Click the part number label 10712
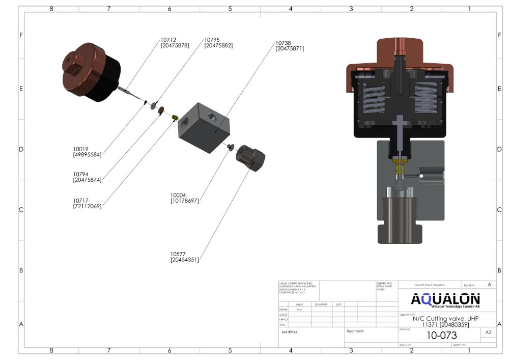point(168,40)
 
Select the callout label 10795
point(212,40)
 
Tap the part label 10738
point(284,43)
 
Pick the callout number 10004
point(179,195)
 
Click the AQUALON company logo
point(445,300)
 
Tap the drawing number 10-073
point(441,336)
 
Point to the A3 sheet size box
point(488,333)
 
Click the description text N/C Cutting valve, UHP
point(446,319)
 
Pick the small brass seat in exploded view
point(175,118)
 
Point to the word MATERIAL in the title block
point(290,332)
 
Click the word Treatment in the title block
point(355,331)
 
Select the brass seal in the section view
point(400,165)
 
